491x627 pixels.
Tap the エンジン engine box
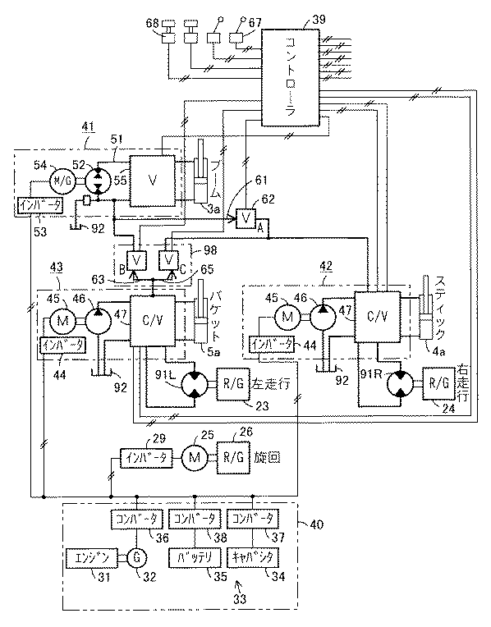coord(92,559)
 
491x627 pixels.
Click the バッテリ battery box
coord(193,559)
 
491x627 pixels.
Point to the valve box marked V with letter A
coord(245,219)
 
